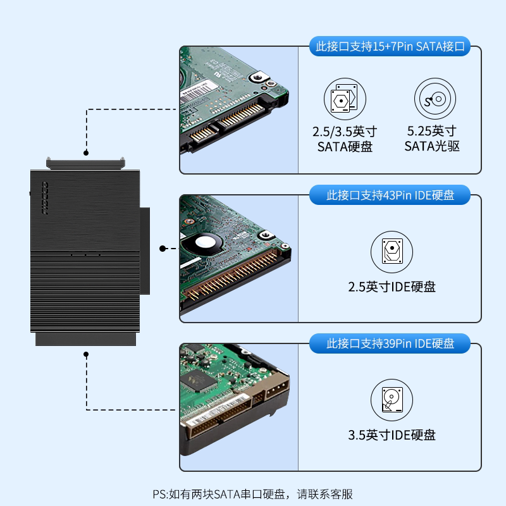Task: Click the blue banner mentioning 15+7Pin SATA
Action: point(389,47)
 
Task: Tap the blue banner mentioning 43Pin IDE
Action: point(390,195)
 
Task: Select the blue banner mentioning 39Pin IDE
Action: point(390,344)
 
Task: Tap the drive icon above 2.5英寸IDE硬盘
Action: point(392,252)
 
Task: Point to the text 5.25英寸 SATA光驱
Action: point(432,139)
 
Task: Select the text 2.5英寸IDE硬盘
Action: point(392,287)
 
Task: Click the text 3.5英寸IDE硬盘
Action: point(392,435)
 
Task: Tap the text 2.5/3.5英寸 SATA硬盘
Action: point(345,139)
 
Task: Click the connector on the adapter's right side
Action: point(145,250)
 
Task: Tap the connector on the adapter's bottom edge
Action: point(85,340)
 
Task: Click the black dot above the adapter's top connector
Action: point(85,152)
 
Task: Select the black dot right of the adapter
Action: point(163,249)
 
